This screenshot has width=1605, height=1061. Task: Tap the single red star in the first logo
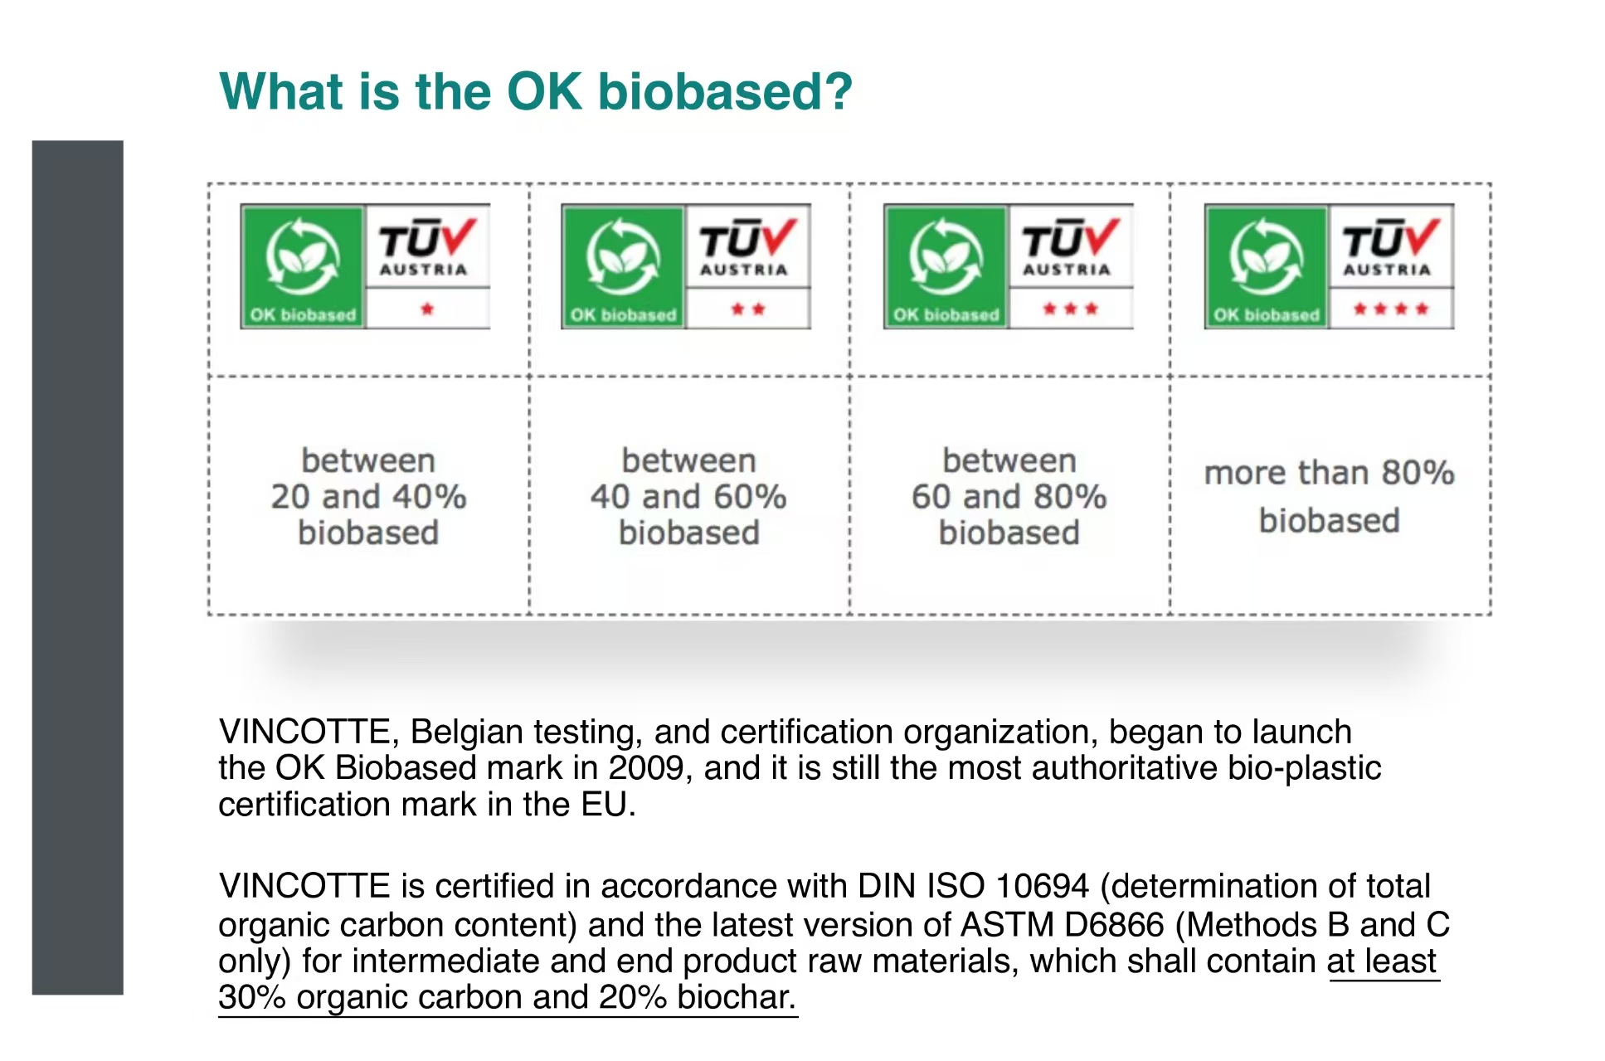click(427, 309)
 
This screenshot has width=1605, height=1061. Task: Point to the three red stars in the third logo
click(1070, 309)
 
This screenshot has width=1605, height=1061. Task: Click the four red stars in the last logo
click(1391, 309)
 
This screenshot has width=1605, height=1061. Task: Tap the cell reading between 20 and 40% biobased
click(368, 496)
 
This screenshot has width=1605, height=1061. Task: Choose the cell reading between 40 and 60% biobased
click(688, 496)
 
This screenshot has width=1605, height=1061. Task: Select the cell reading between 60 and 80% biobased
click(1009, 496)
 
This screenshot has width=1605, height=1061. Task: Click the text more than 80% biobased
click(1329, 496)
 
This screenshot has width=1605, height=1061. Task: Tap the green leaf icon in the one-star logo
click(302, 256)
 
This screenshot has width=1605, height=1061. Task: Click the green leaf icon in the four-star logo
click(1266, 256)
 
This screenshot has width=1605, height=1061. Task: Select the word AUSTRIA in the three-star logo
click(1067, 270)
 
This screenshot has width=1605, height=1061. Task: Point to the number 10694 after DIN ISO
click(1042, 886)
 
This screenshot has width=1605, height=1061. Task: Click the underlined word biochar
click(737, 997)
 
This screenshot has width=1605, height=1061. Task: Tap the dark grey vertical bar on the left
click(77, 567)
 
